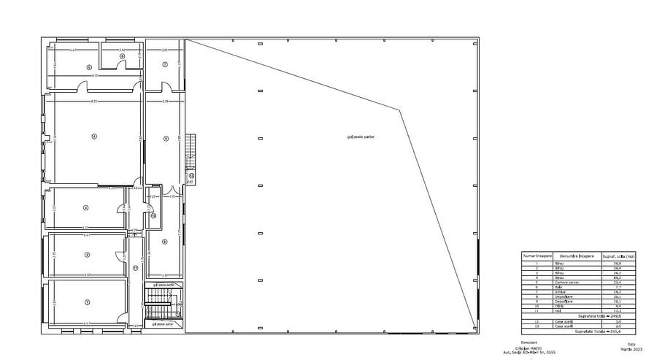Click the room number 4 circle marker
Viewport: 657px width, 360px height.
pyautogui.click(x=93, y=136)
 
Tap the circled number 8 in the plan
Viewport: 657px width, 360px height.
pyautogui.click(x=166, y=138)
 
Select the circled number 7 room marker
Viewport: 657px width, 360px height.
pyautogui.click(x=165, y=65)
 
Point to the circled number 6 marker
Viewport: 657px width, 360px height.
pyautogui.click(x=123, y=55)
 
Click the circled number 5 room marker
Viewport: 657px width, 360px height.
pyautogui.click(x=89, y=66)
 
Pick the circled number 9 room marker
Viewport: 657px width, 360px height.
pyautogui.click(x=165, y=242)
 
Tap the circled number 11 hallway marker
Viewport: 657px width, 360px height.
pyautogui.click(x=136, y=267)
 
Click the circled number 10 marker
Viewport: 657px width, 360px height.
pyautogui.click(x=153, y=215)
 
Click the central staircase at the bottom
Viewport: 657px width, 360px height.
pyautogui.click(x=158, y=304)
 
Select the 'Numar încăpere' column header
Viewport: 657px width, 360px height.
pyautogui.click(x=537, y=256)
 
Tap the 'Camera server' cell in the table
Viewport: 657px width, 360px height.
pyautogui.click(x=566, y=282)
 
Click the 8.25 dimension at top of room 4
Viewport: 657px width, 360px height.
pyautogui.click(x=93, y=101)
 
